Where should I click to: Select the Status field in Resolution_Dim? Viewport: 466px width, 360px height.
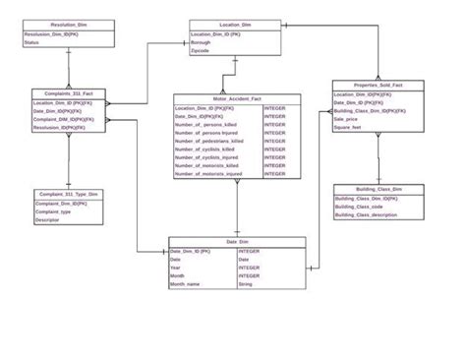coord(31,43)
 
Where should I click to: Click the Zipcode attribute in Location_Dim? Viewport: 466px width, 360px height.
coord(201,51)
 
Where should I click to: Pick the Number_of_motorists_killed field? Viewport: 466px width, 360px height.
coord(208,166)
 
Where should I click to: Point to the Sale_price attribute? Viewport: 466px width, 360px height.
coord(345,118)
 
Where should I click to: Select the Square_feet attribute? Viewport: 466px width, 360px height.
coord(347,127)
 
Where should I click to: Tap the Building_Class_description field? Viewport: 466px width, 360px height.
coord(366,215)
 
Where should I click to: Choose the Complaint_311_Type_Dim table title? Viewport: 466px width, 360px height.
coord(68,195)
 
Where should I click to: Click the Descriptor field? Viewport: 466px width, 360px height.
coord(47,220)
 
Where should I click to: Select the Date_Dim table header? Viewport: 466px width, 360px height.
coord(237,241)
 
